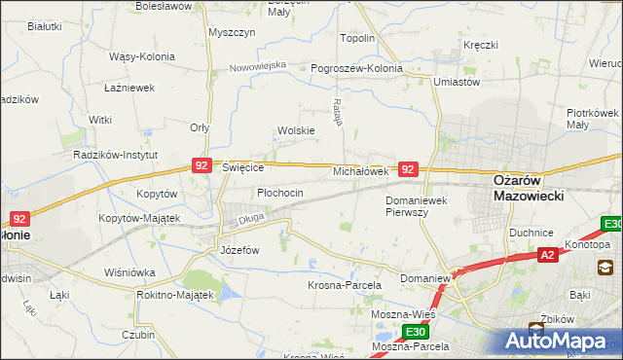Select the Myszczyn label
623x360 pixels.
(232, 32)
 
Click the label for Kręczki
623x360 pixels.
(481, 46)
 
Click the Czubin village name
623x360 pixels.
(139, 335)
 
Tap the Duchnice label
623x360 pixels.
(531, 234)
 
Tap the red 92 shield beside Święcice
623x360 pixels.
(202, 166)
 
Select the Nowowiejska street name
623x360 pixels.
(258, 66)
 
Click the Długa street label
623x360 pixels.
(252, 221)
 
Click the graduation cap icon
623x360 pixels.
(605, 268)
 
